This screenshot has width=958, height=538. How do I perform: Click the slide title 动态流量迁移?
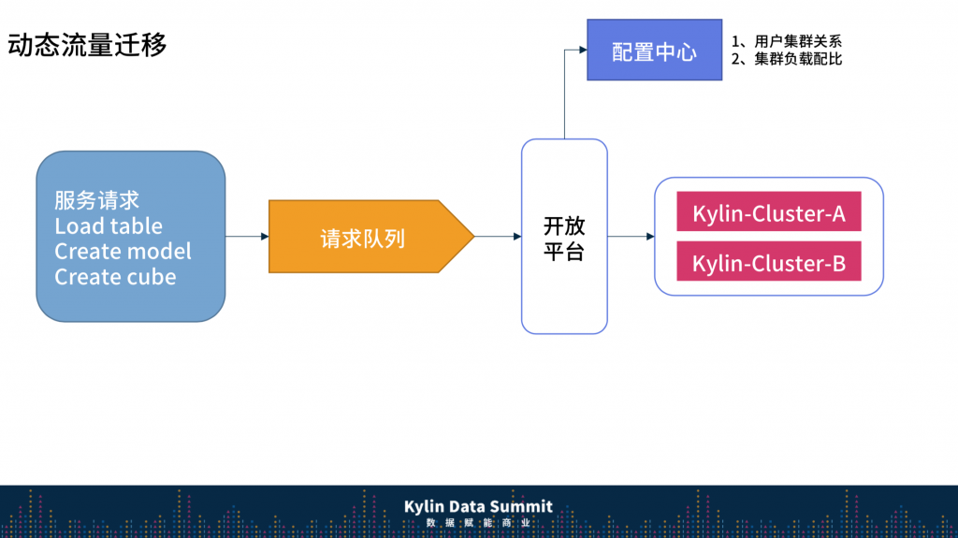point(87,44)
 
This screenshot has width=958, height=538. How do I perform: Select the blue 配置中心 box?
point(654,51)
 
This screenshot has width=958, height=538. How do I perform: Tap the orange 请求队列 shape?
point(365,238)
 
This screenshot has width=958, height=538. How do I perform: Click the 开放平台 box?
point(564,238)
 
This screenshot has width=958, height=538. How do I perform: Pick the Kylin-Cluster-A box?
point(768,213)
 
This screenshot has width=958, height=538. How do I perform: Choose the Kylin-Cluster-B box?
point(768,263)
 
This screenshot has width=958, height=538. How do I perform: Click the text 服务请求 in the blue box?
point(97,200)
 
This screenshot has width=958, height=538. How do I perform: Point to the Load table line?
point(109,226)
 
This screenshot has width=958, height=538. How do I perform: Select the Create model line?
point(123,252)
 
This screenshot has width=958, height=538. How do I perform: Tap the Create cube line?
point(115,277)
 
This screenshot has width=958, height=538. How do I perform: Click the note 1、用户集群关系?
point(787,42)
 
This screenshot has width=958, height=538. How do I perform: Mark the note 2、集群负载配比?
point(787,59)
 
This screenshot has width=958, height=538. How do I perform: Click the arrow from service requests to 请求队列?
point(247,237)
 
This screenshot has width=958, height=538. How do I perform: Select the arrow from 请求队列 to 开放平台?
point(497,237)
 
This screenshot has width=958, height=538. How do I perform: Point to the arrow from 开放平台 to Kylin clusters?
point(631,237)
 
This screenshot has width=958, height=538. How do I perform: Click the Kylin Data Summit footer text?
point(478,506)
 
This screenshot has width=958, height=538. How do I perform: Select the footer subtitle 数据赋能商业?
point(478,523)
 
